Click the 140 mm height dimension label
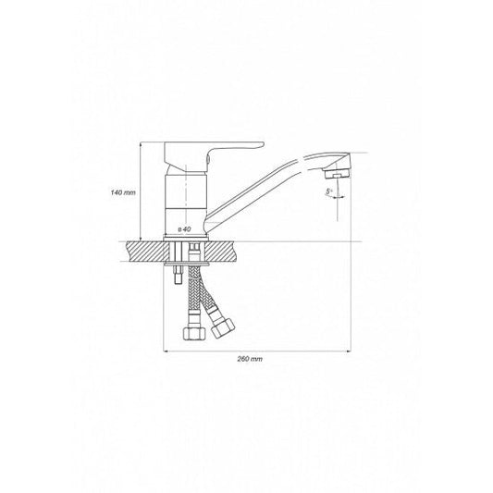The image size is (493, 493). point(123,191)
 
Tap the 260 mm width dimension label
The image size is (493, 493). point(250,359)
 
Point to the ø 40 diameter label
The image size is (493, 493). point(185,229)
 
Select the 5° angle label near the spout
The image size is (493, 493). point(329,191)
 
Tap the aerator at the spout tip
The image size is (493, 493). point(337,174)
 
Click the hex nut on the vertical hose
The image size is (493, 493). point(193,333)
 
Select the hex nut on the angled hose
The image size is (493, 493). point(223,328)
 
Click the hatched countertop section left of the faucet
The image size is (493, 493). point(145,252)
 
